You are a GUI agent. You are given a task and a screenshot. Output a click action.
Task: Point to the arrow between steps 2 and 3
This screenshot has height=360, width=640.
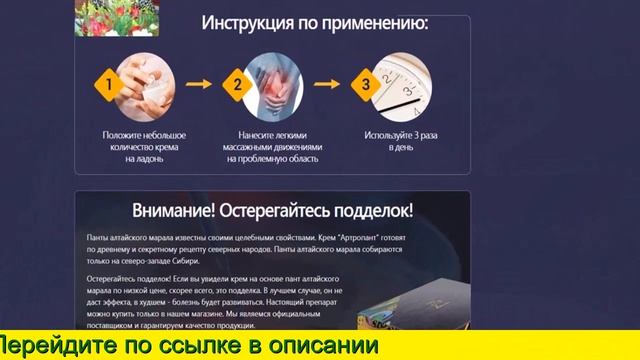pos(327,86)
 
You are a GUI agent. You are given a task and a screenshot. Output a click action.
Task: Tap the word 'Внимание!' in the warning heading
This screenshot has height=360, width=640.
pos(173,211)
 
